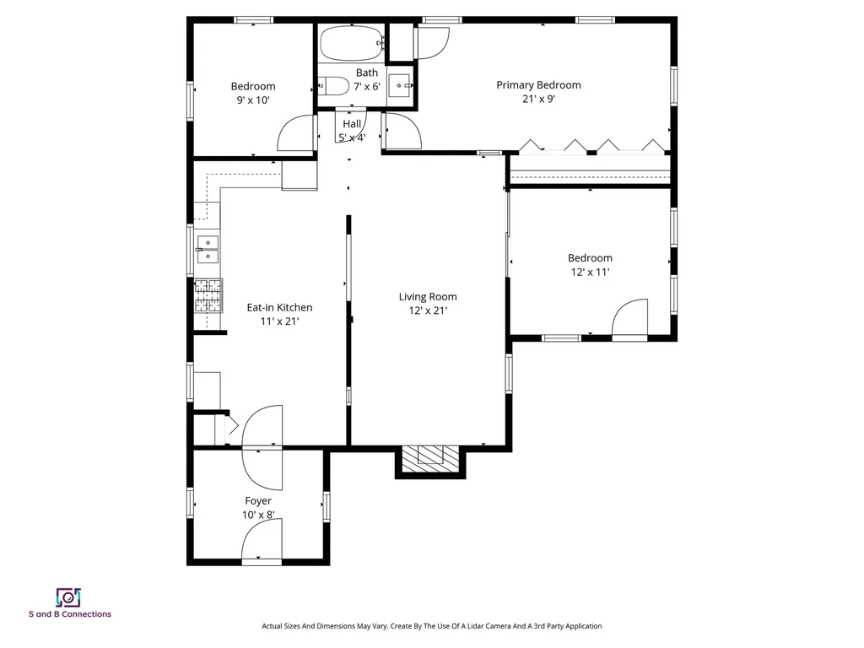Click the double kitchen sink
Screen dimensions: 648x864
pos(208,249)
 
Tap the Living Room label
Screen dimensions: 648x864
pos(428,296)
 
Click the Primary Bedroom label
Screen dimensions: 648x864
pos(538,84)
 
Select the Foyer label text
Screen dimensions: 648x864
pos(258,501)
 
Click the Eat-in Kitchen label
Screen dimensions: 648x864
pos(279,307)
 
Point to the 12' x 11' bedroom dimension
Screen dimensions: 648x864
pos(590,272)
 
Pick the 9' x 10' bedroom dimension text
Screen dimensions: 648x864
pos(253,100)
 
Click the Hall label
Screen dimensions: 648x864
pos(352,124)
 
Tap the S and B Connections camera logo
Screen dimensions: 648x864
pos(67,597)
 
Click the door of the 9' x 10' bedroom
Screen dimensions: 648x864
pos(295,133)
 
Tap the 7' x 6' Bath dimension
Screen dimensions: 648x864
pos(367,86)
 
